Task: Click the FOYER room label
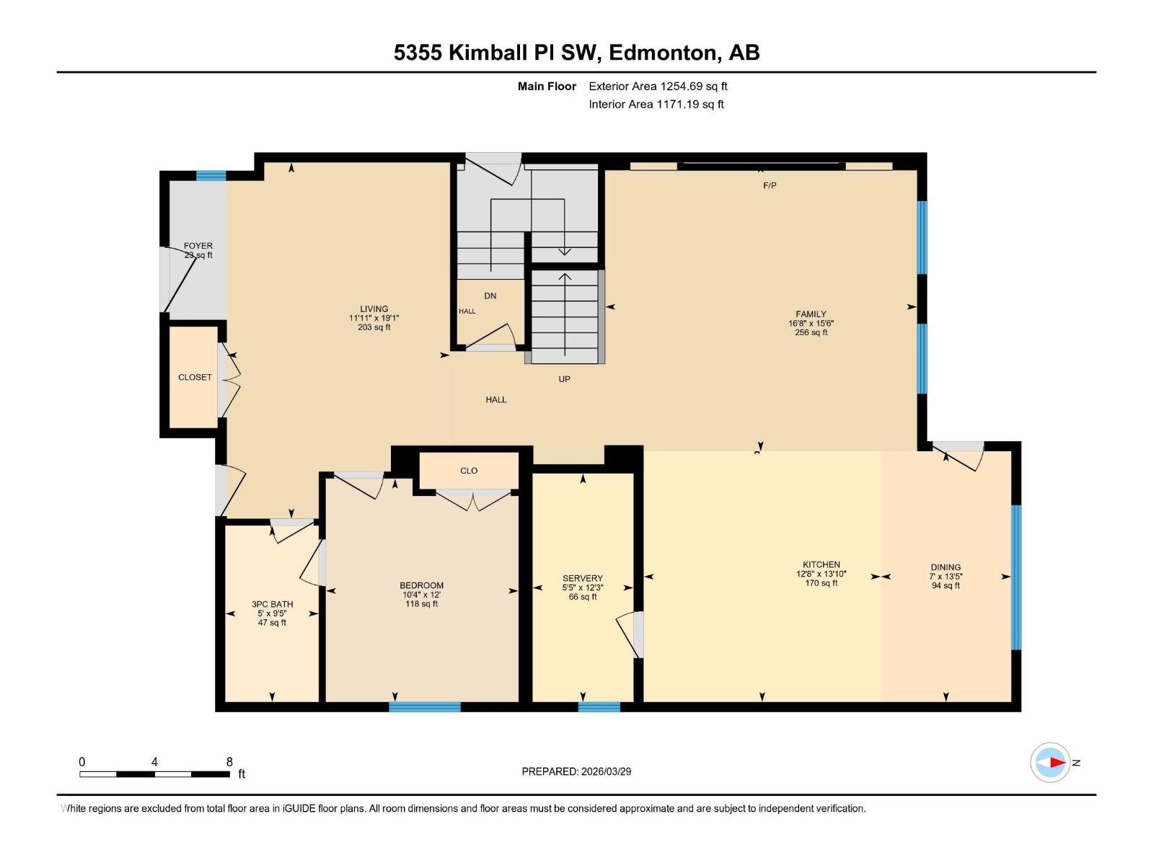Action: coord(198,246)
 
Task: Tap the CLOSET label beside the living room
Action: coord(195,377)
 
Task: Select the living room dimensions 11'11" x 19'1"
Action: coord(374,318)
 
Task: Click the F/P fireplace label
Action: coord(770,185)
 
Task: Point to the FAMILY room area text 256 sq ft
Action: coord(811,333)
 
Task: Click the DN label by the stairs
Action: coord(490,296)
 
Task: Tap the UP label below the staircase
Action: coord(564,379)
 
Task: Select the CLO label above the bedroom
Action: coord(469,471)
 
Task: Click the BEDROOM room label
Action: coord(421,585)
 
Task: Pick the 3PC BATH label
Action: coord(272,604)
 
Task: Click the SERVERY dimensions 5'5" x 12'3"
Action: coord(582,587)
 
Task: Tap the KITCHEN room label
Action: coord(821,564)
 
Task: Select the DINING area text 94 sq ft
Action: coord(946,586)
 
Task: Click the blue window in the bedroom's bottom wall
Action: coord(425,706)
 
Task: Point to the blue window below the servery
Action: coord(599,706)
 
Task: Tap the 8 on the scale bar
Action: coord(229,761)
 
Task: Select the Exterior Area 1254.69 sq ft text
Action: coord(658,86)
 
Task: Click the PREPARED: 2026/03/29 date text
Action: coord(576,771)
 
